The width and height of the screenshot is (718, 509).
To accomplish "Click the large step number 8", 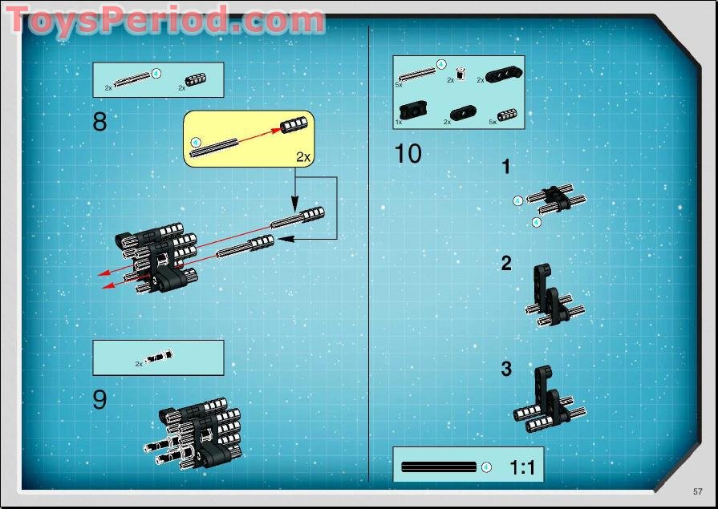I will pos(99,122).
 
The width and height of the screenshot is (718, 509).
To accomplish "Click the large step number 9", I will pos(99,399).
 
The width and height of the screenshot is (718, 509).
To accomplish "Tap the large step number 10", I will pos(408,153).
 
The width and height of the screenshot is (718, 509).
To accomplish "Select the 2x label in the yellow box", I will pos(302,156).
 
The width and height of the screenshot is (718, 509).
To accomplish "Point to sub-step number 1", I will pos(505,168).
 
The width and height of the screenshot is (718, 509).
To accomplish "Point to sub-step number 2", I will pos(505,264).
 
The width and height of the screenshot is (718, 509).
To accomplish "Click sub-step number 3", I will pos(505,370).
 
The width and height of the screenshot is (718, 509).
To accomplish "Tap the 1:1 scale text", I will pos(521,467).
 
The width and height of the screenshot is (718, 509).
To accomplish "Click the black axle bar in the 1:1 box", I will pos(438,467).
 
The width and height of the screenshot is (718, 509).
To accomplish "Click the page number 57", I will pos(698,491).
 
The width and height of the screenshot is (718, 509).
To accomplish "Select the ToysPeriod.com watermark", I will pos(164,20).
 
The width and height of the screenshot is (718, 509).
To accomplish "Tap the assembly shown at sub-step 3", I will pos(550,401).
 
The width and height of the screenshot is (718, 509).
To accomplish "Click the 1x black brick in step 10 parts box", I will pos(414,110).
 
